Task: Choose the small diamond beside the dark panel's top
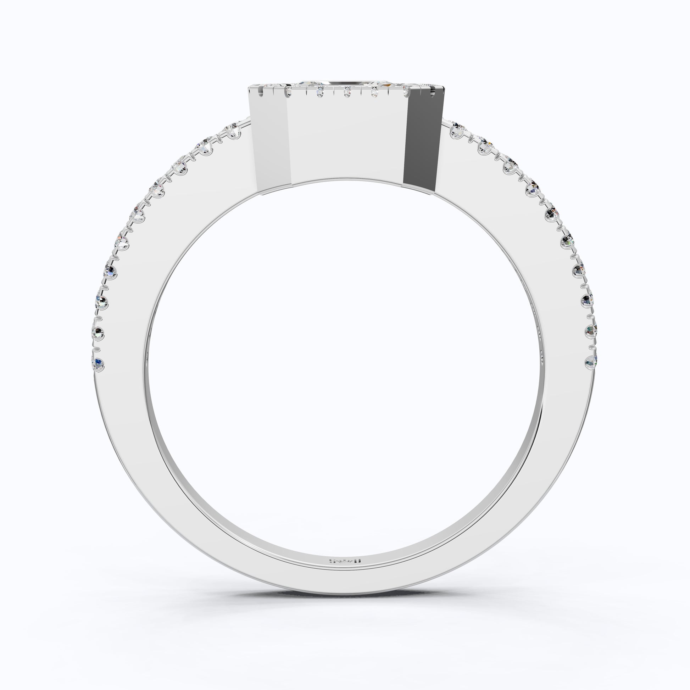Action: pos(406,92)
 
